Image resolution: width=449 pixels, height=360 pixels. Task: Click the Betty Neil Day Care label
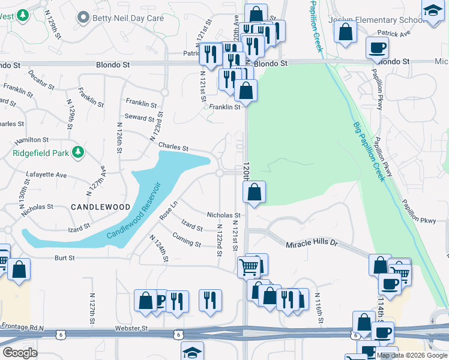[128, 18]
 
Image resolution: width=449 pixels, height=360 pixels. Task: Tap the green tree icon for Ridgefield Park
[77, 152]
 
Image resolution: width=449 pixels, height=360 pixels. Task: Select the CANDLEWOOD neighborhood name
[100, 206]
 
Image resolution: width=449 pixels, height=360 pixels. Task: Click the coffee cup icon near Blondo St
[377, 47]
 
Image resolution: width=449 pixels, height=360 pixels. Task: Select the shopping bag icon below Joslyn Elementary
[346, 32]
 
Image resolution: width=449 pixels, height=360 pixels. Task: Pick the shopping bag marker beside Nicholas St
[254, 193]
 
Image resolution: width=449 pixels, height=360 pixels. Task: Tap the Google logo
[20, 352]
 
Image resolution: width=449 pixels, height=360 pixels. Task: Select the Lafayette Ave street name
[46, 175]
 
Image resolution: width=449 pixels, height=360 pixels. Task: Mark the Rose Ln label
[168, 210]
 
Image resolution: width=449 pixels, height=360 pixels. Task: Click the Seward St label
[140, 117]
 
